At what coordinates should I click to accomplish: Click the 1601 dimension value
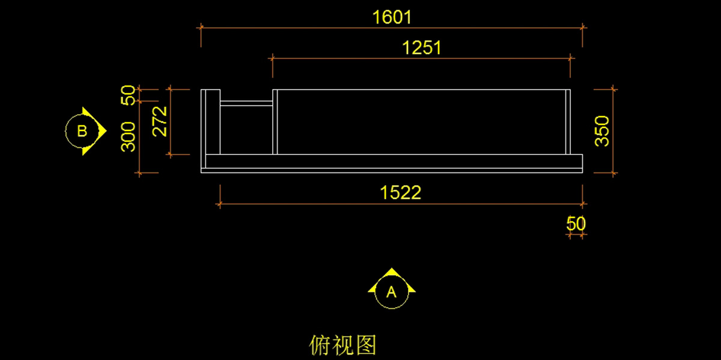click(x=392, y=17)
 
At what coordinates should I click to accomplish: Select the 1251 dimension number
click(x=422, y=47)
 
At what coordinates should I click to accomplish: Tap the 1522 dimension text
click(x=401, y=193)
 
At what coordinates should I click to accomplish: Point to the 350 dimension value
click(x=602, y=130)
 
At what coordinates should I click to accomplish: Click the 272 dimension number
click(x=160, y=121)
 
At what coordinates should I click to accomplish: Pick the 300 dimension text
click(x=129, y=136)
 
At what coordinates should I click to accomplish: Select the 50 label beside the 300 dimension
click(x=129, y=95)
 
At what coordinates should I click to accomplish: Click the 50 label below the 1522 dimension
click(x=576, y=224)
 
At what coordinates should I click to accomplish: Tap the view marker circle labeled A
click(x=391, y=293)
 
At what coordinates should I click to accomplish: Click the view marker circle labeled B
click(x=82, y=131)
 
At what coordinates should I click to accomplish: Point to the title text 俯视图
click(x=343, y=345)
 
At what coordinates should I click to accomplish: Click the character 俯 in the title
click(x=320, y=345)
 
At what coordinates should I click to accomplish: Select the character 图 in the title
click(x=366, y=345)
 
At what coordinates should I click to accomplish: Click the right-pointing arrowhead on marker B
click(x=102, y=130)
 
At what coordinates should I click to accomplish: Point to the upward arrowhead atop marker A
click(x=391, y=273)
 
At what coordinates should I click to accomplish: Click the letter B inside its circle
click(x=82, y=131)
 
